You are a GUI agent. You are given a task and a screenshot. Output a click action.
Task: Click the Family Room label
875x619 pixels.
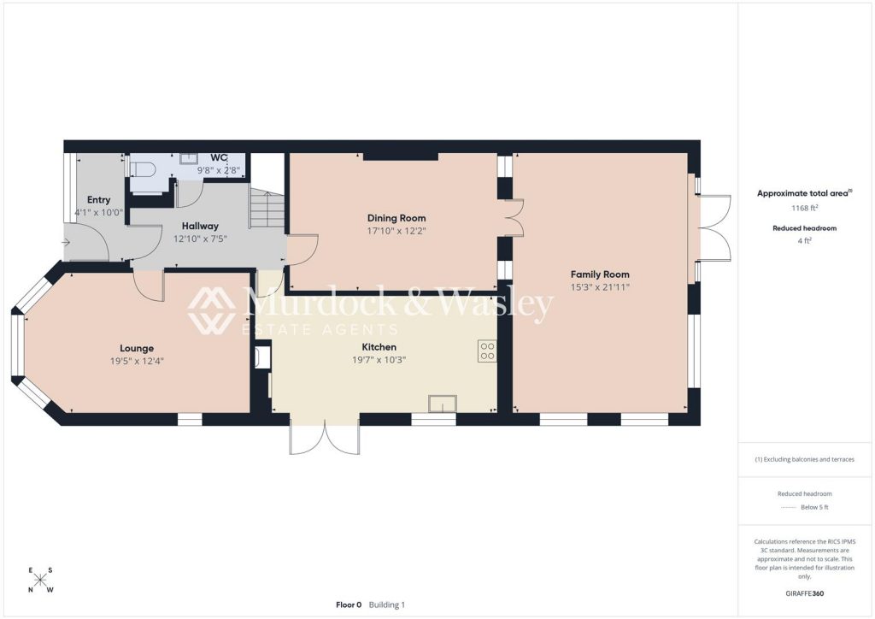[x=600, y=274]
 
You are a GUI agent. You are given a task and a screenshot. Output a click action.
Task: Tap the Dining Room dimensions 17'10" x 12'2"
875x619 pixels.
[x=396, y=231]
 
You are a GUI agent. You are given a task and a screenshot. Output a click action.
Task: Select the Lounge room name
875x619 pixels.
[x=137, y=348]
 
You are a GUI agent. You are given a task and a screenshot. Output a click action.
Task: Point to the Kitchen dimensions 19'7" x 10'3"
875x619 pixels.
[x=379, y=360]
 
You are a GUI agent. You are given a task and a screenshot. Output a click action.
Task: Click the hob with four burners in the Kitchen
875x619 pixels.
[x=487, y=351]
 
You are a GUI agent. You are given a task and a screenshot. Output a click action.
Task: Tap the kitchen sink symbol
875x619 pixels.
[x=443, y=404]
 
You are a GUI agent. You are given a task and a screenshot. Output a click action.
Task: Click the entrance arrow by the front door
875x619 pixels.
[x=65, y=242]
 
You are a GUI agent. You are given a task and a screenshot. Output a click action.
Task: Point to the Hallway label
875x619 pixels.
[x=200, y=226]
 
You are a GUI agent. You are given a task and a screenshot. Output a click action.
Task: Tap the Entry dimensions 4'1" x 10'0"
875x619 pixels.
[x=99, y=212]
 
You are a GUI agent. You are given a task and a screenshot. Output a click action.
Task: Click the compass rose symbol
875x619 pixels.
[x=40, y=580]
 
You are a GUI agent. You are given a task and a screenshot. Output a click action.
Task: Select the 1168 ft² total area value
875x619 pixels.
[x=805, y=208]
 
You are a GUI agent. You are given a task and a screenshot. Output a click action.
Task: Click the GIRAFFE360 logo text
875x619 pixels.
[x=805, y=593]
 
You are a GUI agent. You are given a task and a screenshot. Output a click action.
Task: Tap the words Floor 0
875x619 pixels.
[x=349, y=604]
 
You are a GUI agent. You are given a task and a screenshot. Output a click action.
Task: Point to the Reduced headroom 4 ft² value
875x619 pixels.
[x=805, y=240]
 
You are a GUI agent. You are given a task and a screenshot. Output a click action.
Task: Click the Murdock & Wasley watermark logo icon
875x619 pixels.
[x=211, y=310]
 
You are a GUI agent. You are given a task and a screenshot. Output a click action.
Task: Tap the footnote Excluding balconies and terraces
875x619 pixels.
[x=805, y=459]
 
